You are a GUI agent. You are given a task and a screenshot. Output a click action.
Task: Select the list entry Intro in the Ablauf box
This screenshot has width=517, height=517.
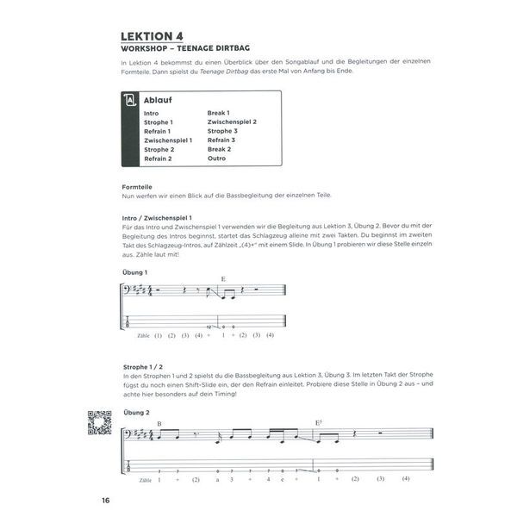(x=152, y=114)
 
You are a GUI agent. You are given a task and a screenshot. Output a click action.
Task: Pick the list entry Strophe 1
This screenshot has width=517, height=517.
(x=159, y=122)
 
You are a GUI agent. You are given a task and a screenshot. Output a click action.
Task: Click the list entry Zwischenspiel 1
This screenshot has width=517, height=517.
(x=168, y=140)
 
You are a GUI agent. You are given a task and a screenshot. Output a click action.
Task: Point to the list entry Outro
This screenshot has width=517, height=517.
(x=217, y=159)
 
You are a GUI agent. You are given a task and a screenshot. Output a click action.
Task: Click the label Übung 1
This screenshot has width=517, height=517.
(x=135, y=272)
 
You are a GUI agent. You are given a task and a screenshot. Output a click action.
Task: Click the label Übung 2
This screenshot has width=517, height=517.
(x=136, y=413)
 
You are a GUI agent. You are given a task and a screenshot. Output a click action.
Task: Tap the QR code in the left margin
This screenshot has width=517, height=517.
(x=100, y=423)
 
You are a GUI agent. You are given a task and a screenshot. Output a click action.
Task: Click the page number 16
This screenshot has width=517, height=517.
(x=104, y=501)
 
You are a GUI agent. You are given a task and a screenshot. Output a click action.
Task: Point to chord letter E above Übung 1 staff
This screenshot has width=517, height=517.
(x=222, y=278)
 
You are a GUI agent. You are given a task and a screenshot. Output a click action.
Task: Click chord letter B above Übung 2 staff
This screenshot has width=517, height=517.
(x=159, y=422)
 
